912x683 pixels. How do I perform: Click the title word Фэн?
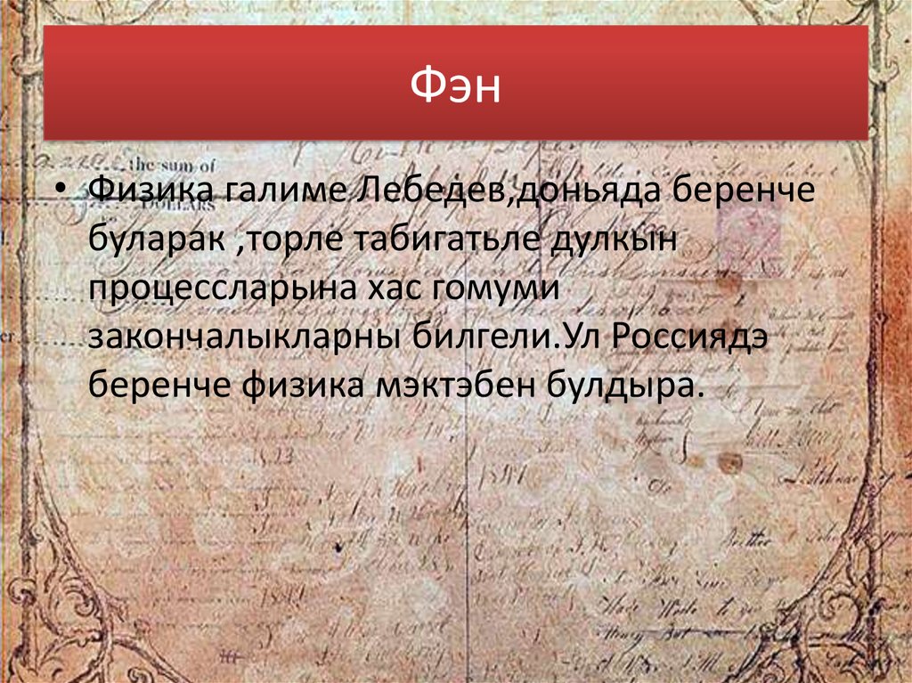456,86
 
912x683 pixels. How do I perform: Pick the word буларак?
157,240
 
